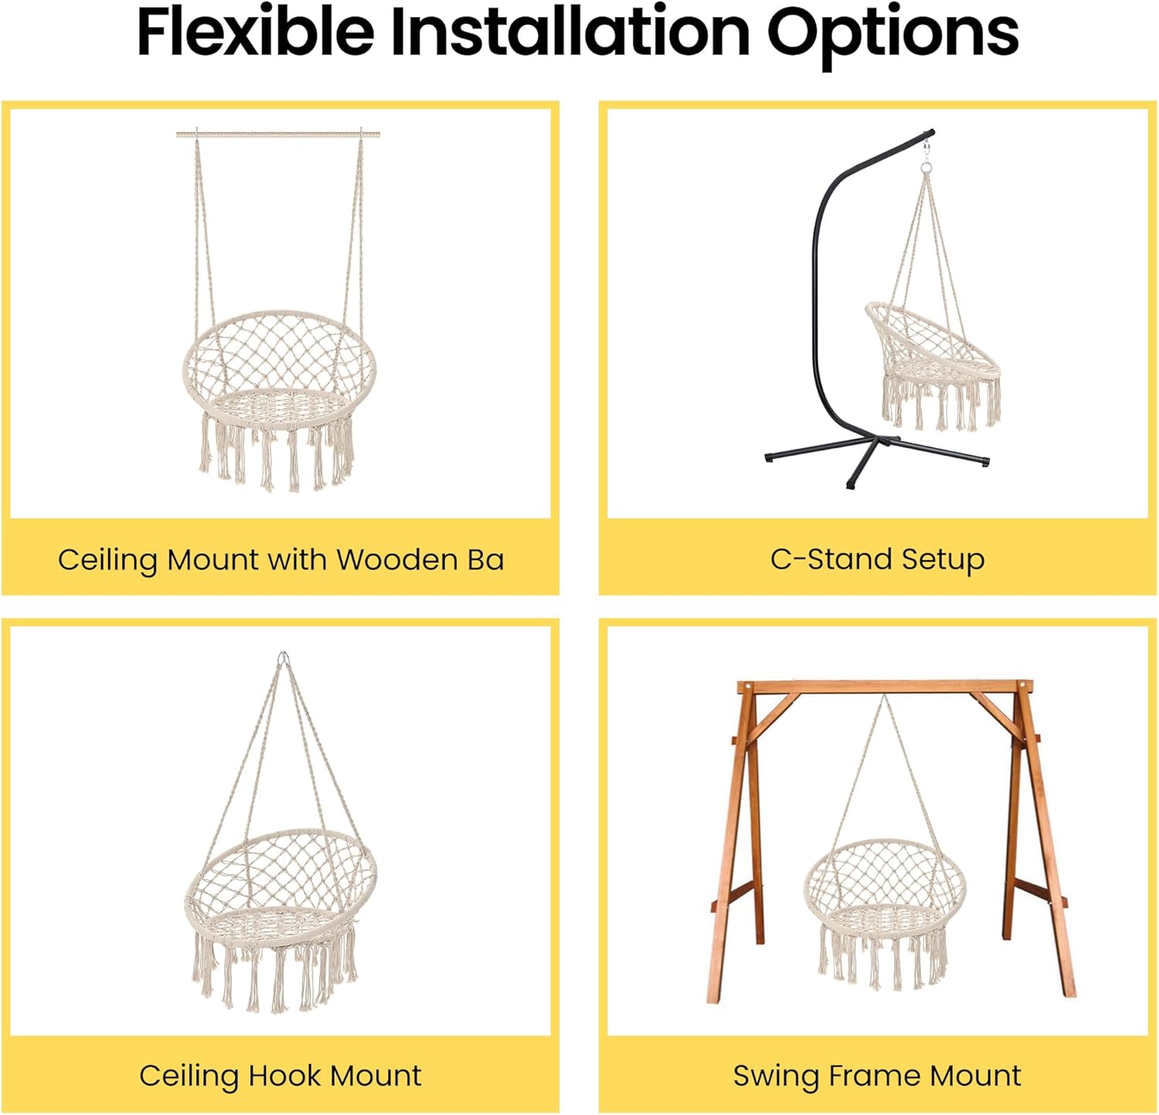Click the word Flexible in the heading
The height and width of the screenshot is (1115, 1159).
click(x=255, y=32)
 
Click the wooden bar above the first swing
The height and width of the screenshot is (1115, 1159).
click(x=278, y=135)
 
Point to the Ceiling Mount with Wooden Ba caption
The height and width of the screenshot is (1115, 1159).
click(x=280, y=559)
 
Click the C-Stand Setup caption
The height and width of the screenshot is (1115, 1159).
click(x=877, y=558)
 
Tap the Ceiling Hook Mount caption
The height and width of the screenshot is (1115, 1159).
click(x=280, y=1075)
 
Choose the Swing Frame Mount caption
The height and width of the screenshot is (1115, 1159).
click(x=877, y=1075)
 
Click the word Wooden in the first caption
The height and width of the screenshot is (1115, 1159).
click(x=397, y=559)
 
